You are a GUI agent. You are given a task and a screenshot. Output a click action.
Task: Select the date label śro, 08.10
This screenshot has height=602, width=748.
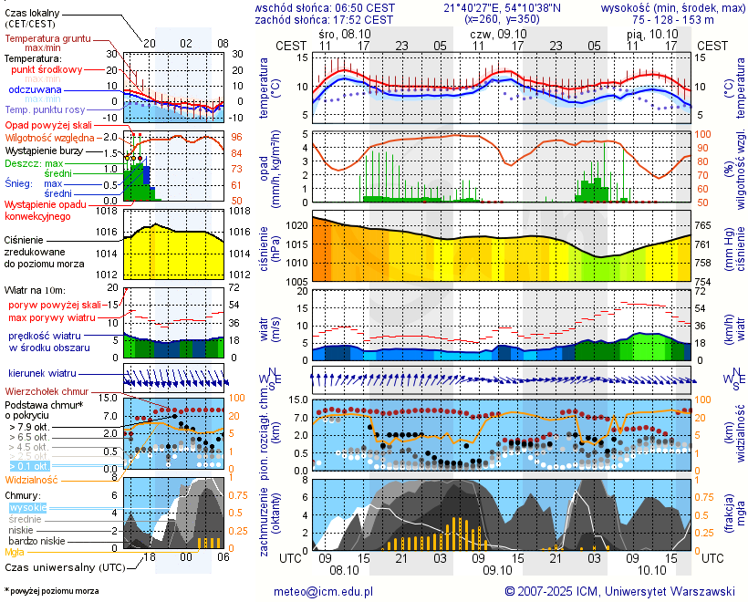point(346,33)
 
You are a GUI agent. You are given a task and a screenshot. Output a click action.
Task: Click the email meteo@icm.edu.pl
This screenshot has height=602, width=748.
point(324,591)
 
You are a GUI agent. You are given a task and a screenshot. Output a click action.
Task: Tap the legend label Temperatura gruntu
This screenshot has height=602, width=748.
point(47,39)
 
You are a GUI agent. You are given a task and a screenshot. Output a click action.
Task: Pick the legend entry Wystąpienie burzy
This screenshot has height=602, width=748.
point(44,150)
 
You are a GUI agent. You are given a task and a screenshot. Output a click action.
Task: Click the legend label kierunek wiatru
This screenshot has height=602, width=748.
point(42,374)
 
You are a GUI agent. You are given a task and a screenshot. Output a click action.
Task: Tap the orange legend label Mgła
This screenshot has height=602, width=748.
point(15,552)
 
